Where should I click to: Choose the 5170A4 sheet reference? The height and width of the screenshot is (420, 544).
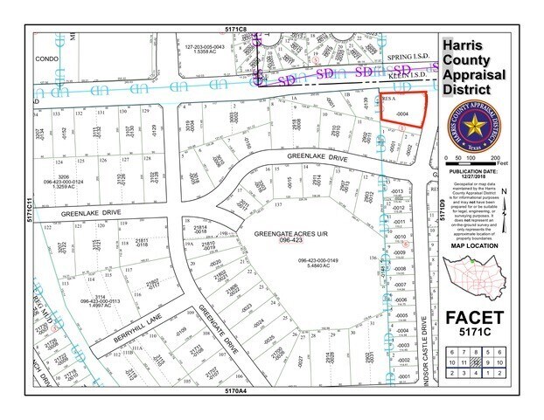click(x=237, y=391)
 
